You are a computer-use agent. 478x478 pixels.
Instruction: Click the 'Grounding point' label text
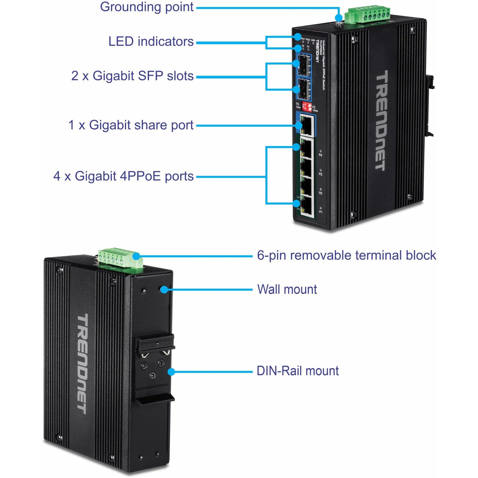pos(147,7)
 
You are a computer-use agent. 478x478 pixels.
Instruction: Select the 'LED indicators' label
pos(151,42)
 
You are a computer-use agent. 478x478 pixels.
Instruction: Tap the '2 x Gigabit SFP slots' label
pos(132,76)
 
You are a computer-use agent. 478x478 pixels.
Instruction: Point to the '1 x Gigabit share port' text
pos(131,125)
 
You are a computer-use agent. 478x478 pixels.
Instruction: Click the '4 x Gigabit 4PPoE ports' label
pos(123,176)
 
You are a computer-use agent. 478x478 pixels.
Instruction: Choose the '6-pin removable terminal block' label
pos(346,256)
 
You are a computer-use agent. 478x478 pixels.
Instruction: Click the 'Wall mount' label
pos(287,289)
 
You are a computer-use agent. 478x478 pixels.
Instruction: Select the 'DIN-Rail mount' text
pos(297,371)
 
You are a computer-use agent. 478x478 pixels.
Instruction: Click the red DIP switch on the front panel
pos(307,107)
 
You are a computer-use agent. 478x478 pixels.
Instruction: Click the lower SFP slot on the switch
pos(304,89)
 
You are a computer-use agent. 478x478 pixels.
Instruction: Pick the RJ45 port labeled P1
pos(307,207)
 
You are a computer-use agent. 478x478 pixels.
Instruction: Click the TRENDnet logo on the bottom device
pos(82,364)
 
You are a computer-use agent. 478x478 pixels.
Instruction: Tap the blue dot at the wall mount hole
pos(164,290)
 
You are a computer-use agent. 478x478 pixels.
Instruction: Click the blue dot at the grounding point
pos(338,18)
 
